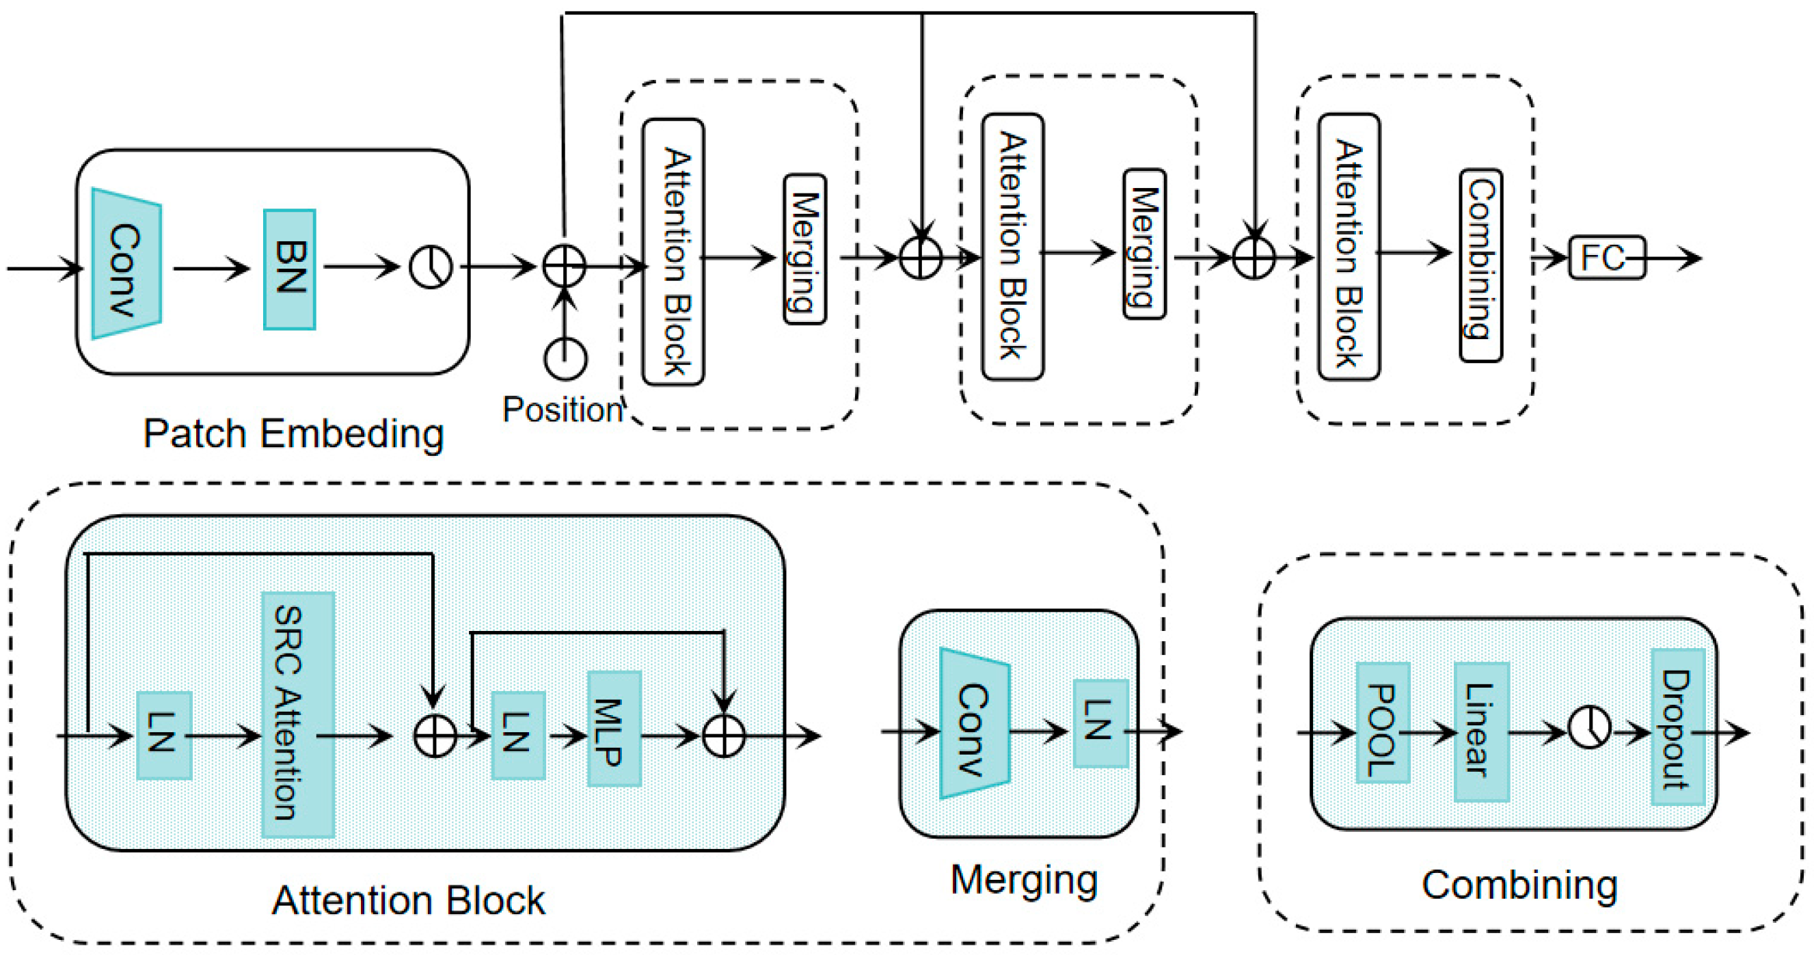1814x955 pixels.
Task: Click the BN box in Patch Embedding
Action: [289, 269]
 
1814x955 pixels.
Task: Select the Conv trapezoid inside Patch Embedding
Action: [126, 264]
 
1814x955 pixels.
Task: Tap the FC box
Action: [1607, 258]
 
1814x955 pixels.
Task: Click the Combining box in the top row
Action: [1481, 265]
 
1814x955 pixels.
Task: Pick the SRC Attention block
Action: [297, 714]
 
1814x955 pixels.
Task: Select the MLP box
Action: [614, 728]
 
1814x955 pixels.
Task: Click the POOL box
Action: [1382, 723]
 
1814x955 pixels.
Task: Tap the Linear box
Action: [1481, 731]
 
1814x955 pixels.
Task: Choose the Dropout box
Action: [1677, 727]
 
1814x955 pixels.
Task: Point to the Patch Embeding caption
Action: [293, 434]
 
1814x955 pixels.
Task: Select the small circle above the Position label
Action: [565, 358]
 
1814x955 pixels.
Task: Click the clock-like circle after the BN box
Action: [431, 267]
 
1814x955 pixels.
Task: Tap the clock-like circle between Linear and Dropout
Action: [1589, 727]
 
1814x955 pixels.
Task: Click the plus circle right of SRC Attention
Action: [435, 737]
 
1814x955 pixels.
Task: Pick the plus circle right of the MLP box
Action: [724, 737]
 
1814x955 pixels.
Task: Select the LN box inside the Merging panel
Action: [1100, 723]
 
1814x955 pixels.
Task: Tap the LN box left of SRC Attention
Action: [164, 736]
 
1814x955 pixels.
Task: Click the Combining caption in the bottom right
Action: [1519, 885]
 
